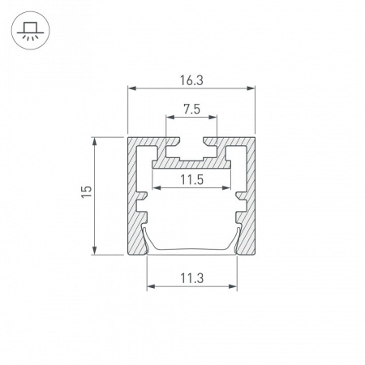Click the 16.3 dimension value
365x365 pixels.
(x=191, y=80)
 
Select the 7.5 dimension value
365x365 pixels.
(x=191, y=109)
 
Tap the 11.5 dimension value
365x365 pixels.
(x=191, y=179)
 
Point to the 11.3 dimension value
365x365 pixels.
(x=191, y=278)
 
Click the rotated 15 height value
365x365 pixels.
(x=87, y=191)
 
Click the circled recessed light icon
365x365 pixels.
(x=30, y=30)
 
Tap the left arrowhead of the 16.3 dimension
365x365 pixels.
(x=131, y=88)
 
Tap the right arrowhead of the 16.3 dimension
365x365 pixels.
(x=251, y=88)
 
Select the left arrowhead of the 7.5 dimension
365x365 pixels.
(x=170, y=117)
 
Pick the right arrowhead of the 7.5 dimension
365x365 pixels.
(x=213, y=117)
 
